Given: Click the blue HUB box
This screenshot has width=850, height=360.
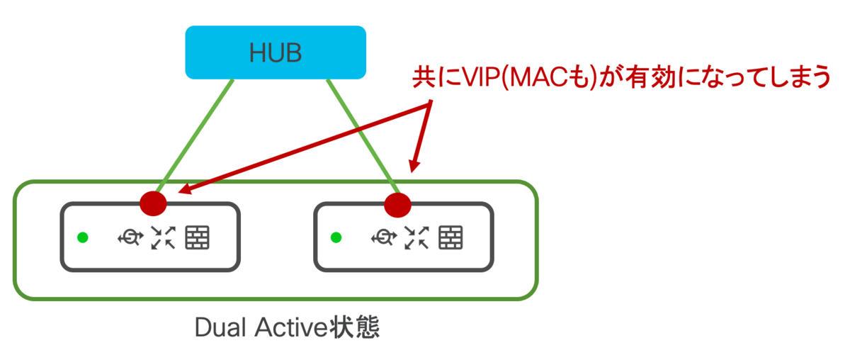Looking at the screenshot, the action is pos(276,52).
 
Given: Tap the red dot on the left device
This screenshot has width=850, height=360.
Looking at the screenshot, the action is pos(153,203).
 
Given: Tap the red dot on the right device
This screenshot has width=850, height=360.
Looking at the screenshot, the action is pos(398,205).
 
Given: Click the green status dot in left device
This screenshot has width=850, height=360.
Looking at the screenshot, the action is pos(82,237).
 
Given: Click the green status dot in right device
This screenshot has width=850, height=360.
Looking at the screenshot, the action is pos(336,237).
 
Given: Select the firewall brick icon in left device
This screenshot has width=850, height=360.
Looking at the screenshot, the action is pos(198,237).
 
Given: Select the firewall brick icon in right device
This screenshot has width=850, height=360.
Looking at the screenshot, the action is pos(451,237).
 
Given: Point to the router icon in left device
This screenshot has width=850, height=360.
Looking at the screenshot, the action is pos(129,237).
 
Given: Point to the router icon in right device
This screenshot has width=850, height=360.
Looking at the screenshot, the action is pos(382,237).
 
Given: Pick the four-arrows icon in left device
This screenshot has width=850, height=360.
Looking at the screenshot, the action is pos(163,237).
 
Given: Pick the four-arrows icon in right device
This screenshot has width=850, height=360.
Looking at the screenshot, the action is pos(416,237).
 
